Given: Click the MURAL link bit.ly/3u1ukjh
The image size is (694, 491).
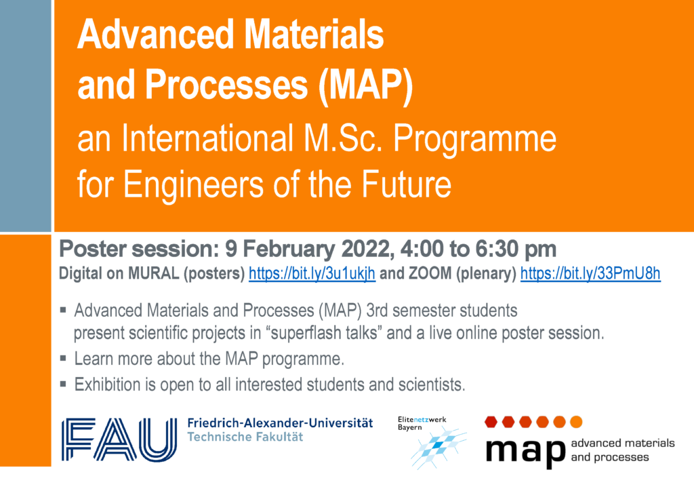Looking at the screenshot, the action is pyautogui.click(x=312, y=273).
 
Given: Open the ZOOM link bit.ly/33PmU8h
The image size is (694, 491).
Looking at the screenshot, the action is pyautogui.click(x=590, y=273).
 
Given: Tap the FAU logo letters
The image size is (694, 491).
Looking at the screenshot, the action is pyautogui.click(x=119, y=439).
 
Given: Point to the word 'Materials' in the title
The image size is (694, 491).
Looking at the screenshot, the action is pyautogui.click(x=314, y=35).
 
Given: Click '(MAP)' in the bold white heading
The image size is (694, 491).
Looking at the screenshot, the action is pyautogui.click(x=365, y=85).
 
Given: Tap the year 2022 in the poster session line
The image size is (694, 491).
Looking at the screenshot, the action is pyautogui.click(x=368, y=250).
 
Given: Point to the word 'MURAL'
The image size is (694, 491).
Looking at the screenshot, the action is pyautogui.click(x=154, y=273).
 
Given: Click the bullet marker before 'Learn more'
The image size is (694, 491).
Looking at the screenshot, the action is pyautogui.click(x=63, y=358).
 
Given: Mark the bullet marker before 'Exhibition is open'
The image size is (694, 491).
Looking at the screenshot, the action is pyautogui.click(x=63, y=384).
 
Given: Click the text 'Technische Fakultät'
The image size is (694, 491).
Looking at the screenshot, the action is pyautogui.click(x=245, y=437).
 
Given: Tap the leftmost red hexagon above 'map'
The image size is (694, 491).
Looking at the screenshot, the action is pyautogui.click(x=491, y=422).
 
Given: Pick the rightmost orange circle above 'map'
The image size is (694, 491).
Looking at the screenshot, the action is pyautogui.click(x=576, y=422).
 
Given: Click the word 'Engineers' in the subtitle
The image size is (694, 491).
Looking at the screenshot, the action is pyautogui.click(x=193, y=184).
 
